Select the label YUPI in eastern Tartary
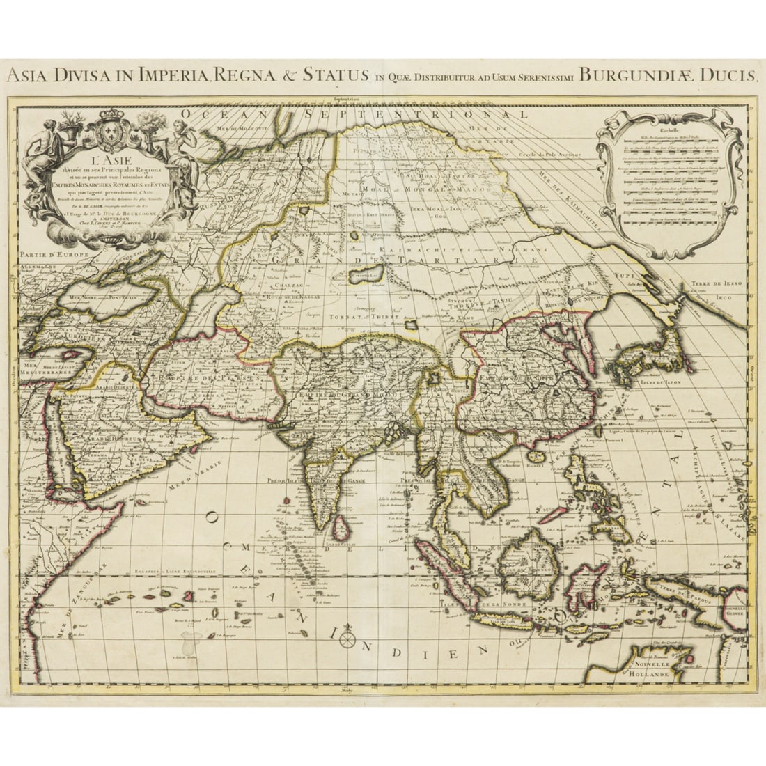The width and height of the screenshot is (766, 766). click(x=623, y=276)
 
